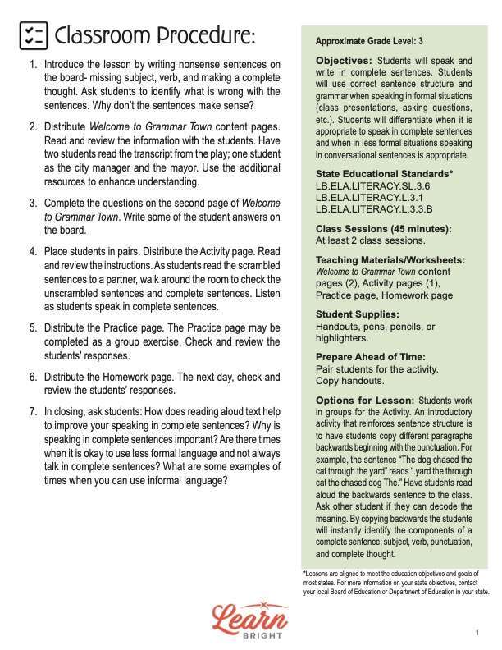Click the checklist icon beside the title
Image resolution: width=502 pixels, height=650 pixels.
click(x=33, y=35)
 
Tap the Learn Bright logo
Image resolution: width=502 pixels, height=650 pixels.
click(x=250, y=617)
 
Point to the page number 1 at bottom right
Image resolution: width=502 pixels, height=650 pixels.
click(x=477, y=633)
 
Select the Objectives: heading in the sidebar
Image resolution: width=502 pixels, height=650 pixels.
click(x=344, y=61)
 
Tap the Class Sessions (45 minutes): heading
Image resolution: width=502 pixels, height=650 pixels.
click(x=383, y=229)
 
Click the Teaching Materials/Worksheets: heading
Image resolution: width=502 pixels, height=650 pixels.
click(x=390, y=260)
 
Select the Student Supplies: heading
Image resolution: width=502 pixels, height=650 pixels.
click(x=358, y=314)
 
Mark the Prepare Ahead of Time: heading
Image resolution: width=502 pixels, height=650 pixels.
click(x=370, y=357)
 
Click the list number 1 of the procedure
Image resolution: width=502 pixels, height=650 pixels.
click(x=32, y=64)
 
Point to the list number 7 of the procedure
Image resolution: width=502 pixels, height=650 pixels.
click(x=32, y=411)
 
